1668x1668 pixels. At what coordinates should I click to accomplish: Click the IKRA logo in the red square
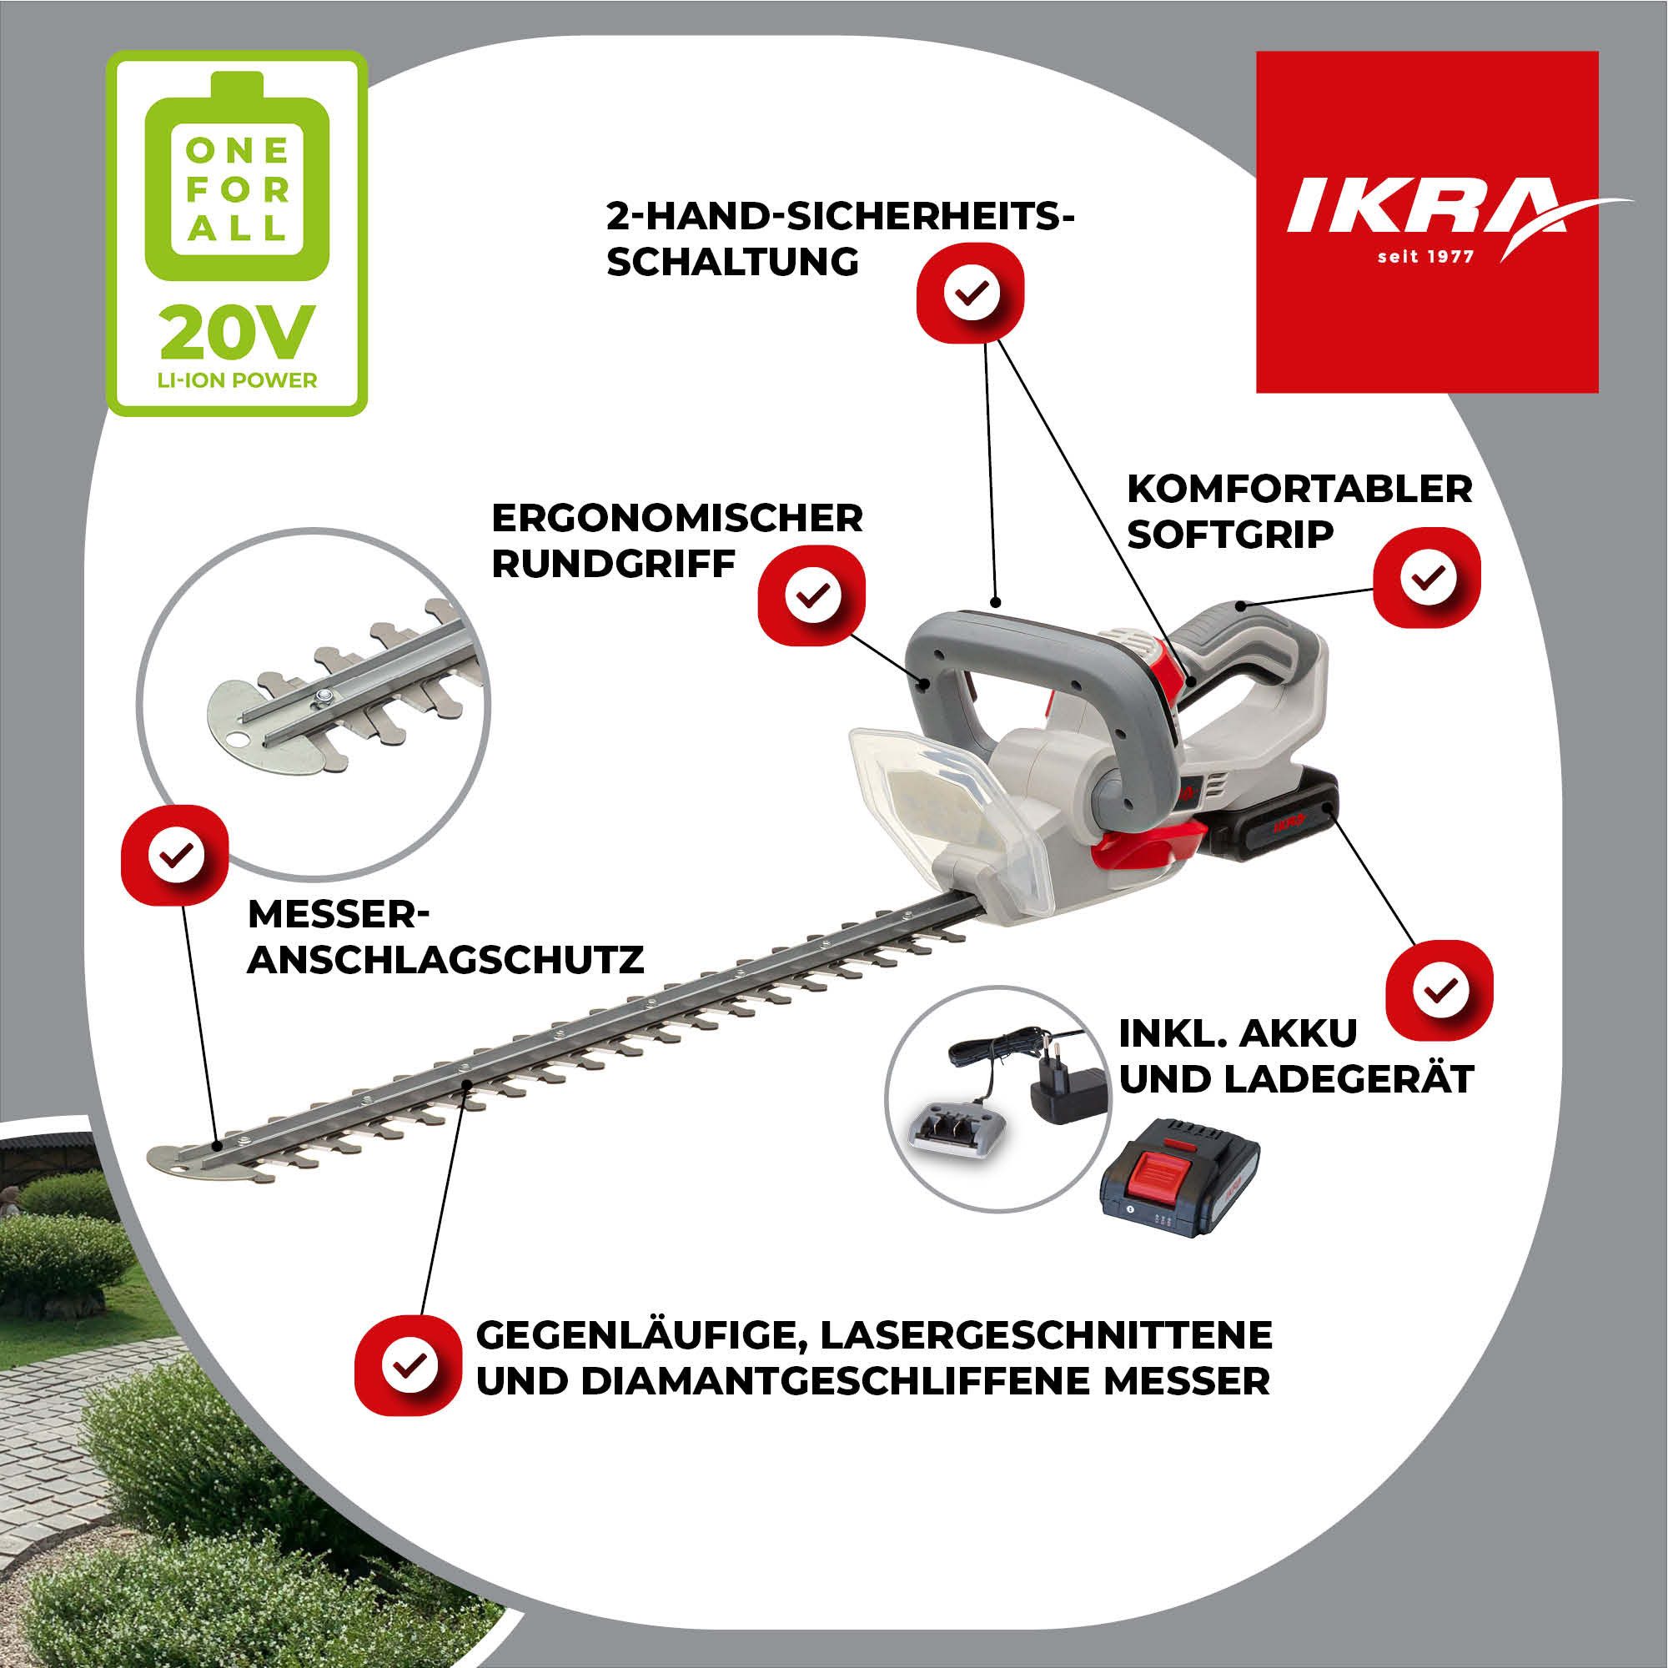[x=1424, y=207]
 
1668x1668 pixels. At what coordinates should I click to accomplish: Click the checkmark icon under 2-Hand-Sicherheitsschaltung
[x=971, y=294]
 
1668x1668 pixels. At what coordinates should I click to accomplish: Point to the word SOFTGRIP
[x=1230, y=535]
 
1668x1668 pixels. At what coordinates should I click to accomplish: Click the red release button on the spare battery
[x=1178, y=1169]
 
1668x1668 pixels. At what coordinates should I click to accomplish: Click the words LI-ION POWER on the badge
[x=236, y=379]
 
